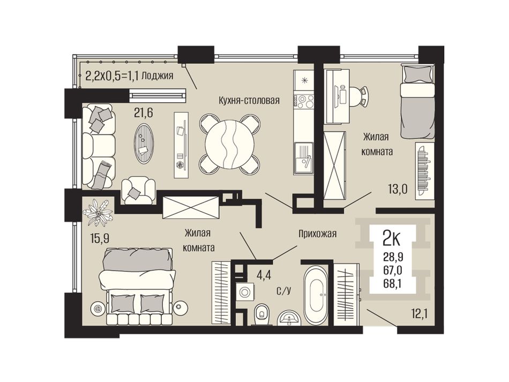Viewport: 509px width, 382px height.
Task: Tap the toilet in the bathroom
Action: click(x=261, y=314)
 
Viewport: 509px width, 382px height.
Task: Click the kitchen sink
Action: click(x=304, y=159)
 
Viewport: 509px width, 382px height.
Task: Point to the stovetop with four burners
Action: click(x=304, y=101)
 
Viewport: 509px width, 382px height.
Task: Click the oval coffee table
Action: click(x=144, y=144)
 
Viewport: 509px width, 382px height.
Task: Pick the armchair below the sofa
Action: click(x=138, y=191)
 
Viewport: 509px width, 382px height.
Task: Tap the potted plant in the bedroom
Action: click(x=98, y=213)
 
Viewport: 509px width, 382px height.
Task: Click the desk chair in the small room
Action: click(x=361, y=96)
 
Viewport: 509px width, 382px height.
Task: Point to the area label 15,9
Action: click(x=100, y=239)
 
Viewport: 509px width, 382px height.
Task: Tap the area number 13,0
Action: click(x=398, y=189)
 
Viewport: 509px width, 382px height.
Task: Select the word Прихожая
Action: click(x=318, y=234)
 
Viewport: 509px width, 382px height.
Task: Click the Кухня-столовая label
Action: click(x=249, y=100)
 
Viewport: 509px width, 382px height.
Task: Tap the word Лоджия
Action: click(x=158, y=76)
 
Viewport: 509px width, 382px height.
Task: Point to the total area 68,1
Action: click(x=393, y=284)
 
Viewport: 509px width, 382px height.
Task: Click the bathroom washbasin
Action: click(x=289, y=318)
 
